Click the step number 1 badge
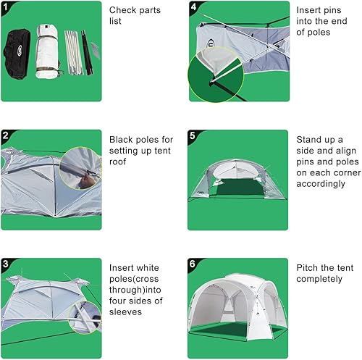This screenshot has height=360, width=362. tap(5, 7)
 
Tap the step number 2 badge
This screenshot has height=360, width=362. tap(5, 135)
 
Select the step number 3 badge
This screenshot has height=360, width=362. tap(5, 264)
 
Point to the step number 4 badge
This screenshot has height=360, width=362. tap(193, 7)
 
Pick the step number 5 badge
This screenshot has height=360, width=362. tap(193, 135)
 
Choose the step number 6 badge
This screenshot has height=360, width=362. tap(193, 264)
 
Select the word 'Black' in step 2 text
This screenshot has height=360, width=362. tap(122, 139)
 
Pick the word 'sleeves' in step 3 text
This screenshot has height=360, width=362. tap(126, 312)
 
